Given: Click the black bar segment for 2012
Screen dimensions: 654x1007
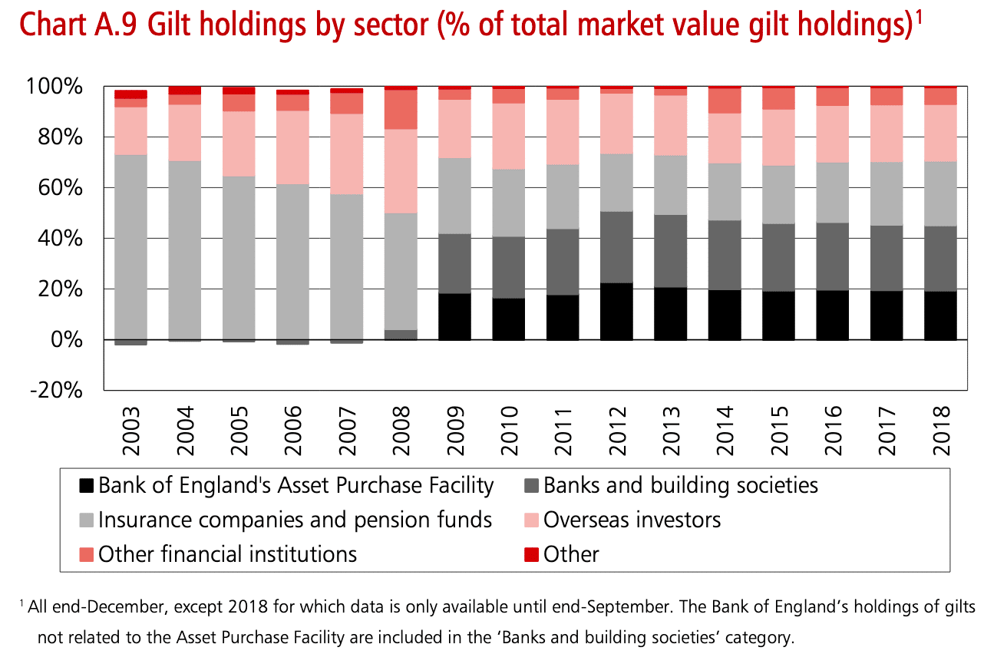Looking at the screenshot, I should (616, 311).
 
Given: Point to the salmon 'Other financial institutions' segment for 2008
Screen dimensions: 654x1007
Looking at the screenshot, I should (401, 110).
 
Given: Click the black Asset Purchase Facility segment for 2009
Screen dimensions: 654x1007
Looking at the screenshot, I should (454, 316).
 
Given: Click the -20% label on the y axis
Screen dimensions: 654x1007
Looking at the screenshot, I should (55, 390).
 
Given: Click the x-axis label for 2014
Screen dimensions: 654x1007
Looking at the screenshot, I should (725, 421).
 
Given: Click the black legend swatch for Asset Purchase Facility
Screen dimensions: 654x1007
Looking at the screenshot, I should (87, 486).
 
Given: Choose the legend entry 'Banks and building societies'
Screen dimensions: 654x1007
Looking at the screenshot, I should (680, 486).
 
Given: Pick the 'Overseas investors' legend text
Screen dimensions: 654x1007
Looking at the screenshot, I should (632, 520).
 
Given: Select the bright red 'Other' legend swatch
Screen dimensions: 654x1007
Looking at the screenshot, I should (532, 554).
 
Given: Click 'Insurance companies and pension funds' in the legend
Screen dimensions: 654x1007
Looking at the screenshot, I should (295, 520).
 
